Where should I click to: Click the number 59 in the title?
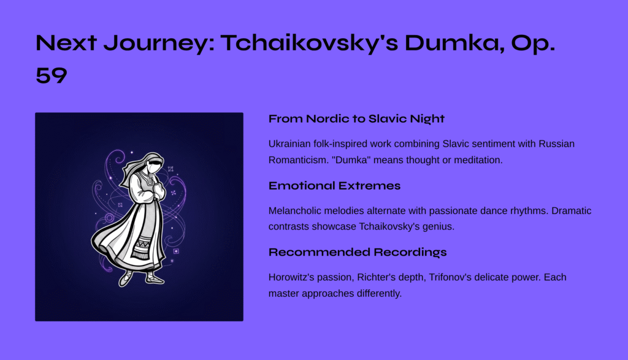point(52,75)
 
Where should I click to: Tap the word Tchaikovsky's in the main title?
point(309,43)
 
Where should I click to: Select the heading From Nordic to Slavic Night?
point(356,119)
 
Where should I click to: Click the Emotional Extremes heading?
point(334,186)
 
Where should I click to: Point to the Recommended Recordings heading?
point(358,252)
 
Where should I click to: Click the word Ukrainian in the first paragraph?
point(289,144)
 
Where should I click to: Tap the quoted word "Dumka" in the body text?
point(351,160)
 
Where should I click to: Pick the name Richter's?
point(377,277)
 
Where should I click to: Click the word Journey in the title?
point(159,43)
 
